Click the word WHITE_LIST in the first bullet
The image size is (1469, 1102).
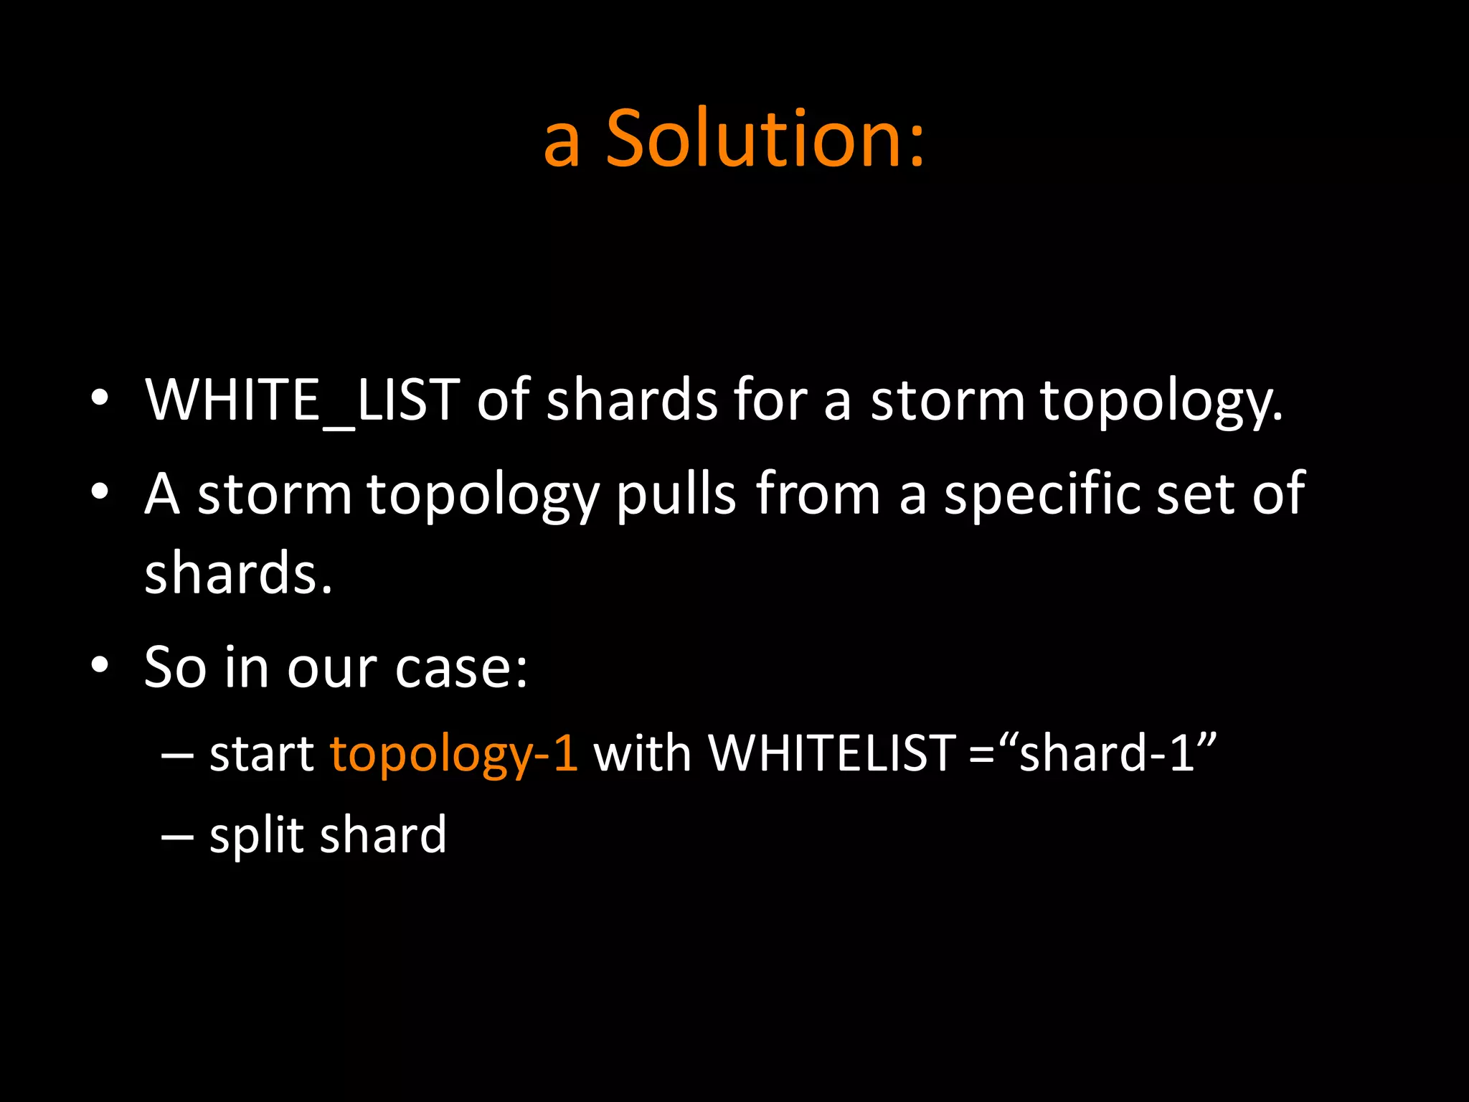tap(302, 400)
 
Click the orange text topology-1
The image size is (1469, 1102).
tap(453, 755)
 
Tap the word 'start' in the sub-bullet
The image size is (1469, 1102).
tap(262, 755)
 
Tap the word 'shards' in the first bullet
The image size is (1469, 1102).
tap(631, 400)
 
